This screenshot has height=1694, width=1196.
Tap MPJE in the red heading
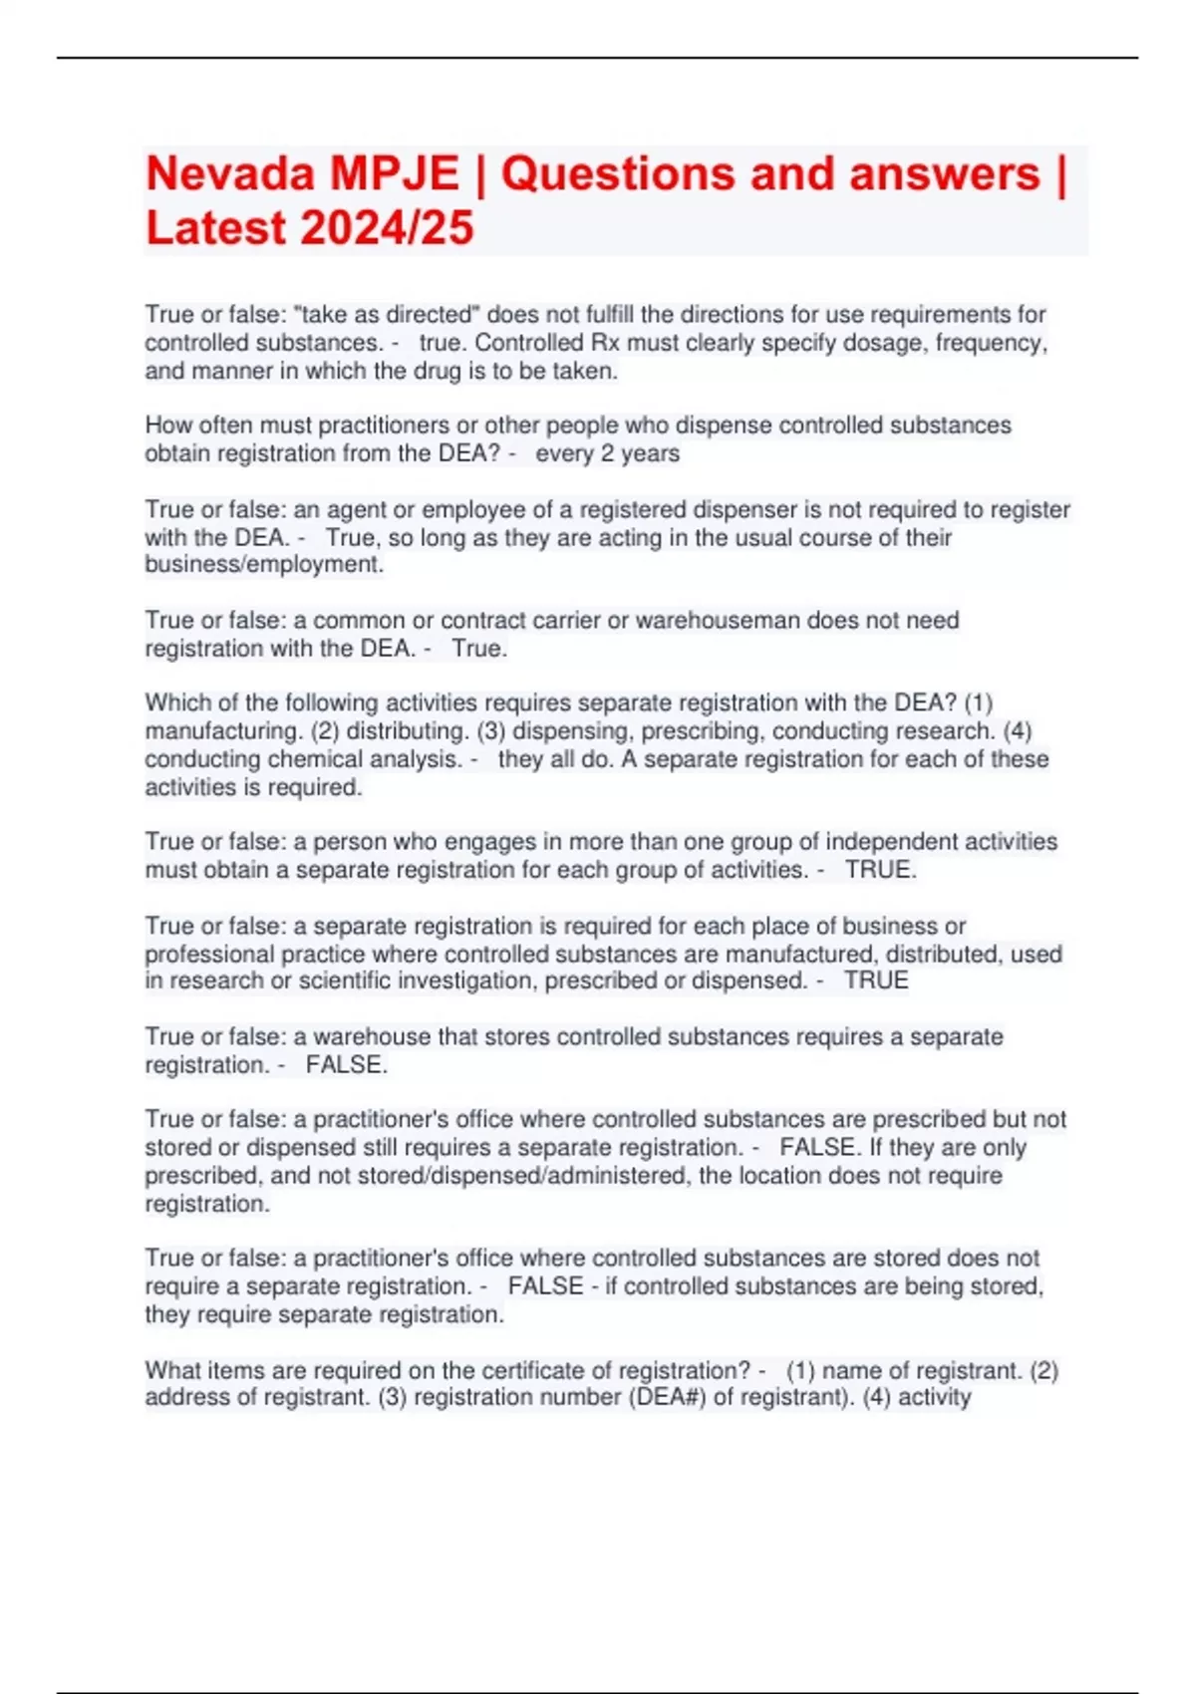pos(395,174)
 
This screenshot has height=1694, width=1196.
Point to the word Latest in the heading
pos(216,228)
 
